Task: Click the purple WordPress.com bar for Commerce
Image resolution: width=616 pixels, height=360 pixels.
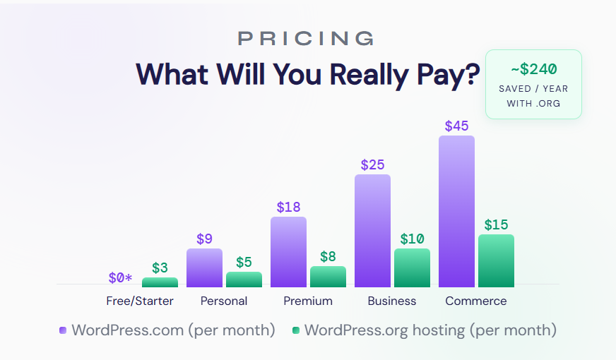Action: (456, 211)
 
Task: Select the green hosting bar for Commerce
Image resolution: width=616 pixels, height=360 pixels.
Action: (496, 260)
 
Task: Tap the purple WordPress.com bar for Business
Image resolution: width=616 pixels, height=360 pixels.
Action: (372, 230)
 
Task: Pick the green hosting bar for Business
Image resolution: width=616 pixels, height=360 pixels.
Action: (412, 268)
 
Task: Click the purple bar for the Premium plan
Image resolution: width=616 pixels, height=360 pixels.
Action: (288, 251)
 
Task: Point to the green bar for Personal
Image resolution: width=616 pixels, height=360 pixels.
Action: (244, 280)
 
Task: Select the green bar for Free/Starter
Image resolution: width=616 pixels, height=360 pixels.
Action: (160, 282)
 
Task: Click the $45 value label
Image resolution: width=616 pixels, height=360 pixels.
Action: (456, 126)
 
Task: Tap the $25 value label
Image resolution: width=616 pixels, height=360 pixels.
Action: (372, 165)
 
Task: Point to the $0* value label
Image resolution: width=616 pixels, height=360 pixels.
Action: (120, 278)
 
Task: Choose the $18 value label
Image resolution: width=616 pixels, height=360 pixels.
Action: (288, 208)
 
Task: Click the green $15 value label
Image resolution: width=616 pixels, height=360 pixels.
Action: (496, 225)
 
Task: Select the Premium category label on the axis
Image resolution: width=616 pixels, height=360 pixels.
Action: (308, 301)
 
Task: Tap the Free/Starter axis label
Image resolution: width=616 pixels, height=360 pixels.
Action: (140, 301)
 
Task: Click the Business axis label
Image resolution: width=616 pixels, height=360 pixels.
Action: (392, 301)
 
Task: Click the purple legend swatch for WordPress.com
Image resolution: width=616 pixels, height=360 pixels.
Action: (63, 330)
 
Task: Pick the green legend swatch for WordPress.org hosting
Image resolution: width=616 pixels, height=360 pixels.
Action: (296, 330)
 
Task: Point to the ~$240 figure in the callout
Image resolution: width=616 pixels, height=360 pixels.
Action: (533, 69)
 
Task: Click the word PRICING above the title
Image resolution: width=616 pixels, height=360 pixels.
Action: (305, 38)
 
